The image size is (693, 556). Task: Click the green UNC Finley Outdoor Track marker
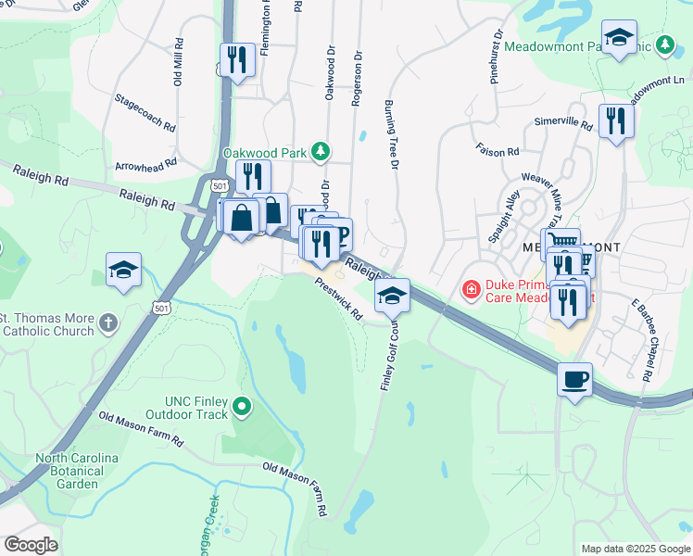tap(242, 405)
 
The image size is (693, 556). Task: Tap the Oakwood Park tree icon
tap(320, 150)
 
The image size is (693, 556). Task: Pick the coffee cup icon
tap(574, 379)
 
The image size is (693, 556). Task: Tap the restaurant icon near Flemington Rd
tap(237, 60)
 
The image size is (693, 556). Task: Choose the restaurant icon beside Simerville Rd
tap(615, 120)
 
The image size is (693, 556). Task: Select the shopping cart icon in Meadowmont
tap(560, 244)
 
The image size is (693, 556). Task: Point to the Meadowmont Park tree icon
tap(664, 44)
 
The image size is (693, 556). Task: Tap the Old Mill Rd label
tap(178, 63)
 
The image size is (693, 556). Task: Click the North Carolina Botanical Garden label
tap(78, 471)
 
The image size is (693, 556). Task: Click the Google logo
tap(31, 545)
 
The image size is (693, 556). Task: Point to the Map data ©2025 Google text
tap(635, 549)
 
